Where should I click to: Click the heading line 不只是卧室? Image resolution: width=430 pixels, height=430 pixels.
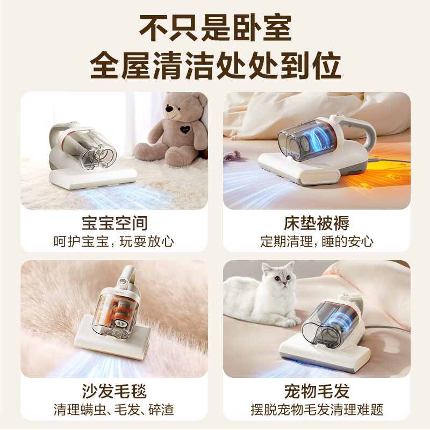point(215,28)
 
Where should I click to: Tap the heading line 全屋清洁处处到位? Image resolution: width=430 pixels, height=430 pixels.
point(215,67)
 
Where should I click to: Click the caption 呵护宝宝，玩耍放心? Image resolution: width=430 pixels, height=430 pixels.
point(114,241)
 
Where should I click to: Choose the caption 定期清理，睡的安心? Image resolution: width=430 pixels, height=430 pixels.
point(317,241)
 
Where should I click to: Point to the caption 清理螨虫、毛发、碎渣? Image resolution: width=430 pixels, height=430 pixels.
point(114,410)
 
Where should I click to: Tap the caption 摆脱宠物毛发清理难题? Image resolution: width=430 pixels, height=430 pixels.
point(317,410)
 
